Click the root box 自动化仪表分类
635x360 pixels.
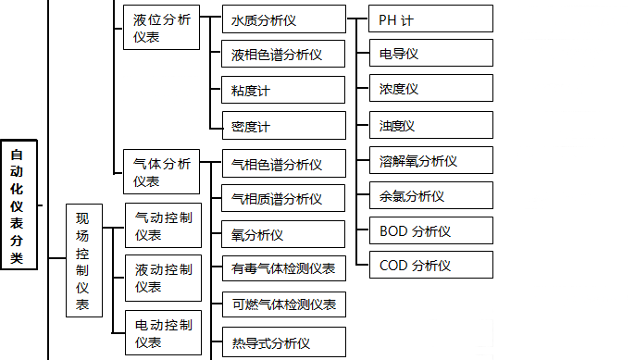tap(19, 203)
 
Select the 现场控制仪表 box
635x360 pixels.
tap(83, 262)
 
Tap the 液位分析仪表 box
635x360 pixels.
tap(162, 28)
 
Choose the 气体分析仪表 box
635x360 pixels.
tap(162, 172)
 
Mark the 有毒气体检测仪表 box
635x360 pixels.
tap(283, 269)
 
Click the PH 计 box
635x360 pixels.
tap(430, 19)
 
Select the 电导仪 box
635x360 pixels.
tap(430, 54)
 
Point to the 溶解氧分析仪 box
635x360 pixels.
tap(430, 160)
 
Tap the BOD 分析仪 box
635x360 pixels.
tap(430, 230)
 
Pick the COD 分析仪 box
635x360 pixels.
tap(430, 266)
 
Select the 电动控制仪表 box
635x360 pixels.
tap(162, 334)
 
